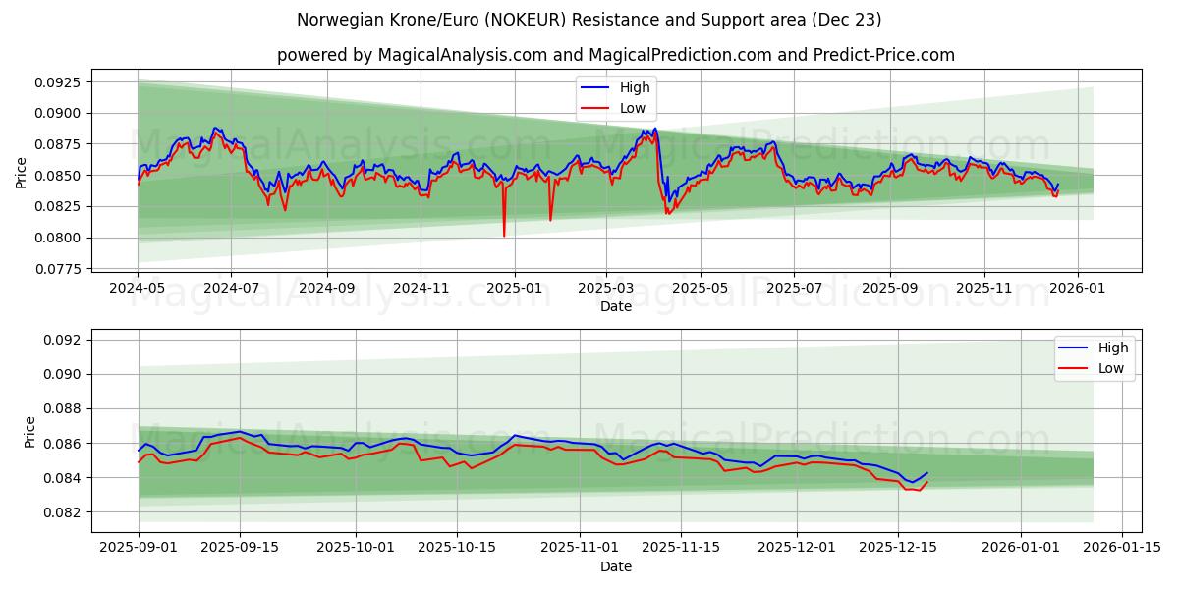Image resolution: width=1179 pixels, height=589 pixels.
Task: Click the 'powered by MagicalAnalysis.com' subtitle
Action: (x=616, y=55)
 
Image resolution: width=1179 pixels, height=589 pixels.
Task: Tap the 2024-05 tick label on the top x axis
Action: (x=138, y=289)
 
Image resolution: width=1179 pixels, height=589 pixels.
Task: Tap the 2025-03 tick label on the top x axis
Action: (x=607, y=289)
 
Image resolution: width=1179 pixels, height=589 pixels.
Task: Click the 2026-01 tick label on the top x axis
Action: (x=1078, y=289)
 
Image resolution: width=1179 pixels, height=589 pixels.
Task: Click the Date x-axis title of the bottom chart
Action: (x=616, y=566)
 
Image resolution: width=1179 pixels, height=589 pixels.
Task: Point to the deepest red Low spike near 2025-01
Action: (x=504, y=236)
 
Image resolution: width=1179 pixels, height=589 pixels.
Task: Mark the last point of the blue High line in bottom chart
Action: (x=926, y=473)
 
